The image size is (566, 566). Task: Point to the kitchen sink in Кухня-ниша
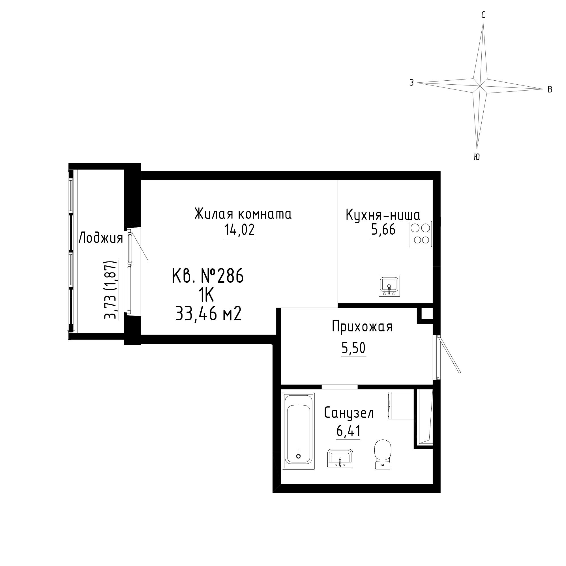(x=389, y=286)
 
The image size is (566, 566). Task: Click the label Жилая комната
(x=243, y=214)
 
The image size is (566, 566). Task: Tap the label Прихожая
(x=362, y=326)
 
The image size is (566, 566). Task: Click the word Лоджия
(x=101, y=238)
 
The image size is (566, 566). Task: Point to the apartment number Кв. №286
(x=208, y=276)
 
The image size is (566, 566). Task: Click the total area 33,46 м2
(x=208, y=314)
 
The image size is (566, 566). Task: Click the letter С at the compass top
(x=483, y=15)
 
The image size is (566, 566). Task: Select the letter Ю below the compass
(x=477, y=157)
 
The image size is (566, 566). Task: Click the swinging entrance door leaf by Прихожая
(x=449, y=354)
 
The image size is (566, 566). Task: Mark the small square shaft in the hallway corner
(x=425, y=315)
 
